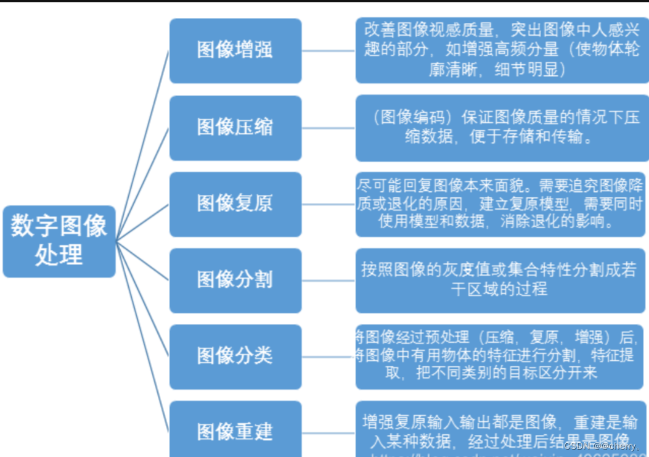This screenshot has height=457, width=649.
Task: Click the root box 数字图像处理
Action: [x=59, y=241]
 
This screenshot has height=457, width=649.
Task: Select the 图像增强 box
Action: [x=235, y=51]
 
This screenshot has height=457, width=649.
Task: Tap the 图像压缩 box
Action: [x=235, y=128]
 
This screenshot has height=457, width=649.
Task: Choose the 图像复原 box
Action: [x=235, y=204]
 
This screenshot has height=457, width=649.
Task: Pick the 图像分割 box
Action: [x=235, y=281]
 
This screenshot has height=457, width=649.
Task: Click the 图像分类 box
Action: [x=235, y=356]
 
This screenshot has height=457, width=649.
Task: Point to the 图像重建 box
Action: [x=235, y=430]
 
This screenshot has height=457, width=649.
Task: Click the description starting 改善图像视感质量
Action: [x=502, y=50]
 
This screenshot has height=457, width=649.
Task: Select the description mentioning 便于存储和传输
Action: [x=502, y=128]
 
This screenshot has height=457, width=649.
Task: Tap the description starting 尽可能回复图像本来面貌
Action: [x=500, y=204]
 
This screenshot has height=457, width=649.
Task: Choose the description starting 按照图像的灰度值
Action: [x=500, y=279]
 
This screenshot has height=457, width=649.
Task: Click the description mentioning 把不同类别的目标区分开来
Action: [x=500, y=356]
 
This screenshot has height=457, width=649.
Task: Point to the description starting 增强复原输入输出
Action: [x=500, y=429]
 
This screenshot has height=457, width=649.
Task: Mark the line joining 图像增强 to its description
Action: [x=329, y=51]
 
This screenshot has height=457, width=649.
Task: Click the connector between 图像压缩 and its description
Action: [x=329, y=128]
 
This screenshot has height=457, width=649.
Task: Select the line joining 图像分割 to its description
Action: [x=329, y=281]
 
